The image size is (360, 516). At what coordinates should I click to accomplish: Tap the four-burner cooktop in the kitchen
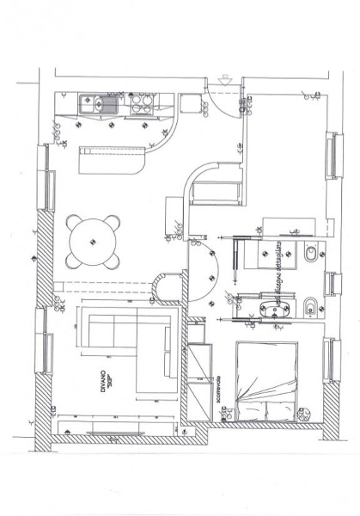click(142, 104)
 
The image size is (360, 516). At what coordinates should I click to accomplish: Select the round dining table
click(94, 240)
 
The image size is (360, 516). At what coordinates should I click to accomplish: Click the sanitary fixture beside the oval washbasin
click(310, 305)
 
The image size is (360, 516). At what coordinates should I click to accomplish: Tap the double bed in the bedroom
click(266, 383)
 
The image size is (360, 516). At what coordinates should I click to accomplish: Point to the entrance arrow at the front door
click(225, 80)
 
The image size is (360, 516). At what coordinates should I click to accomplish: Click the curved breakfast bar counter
click(113, 160)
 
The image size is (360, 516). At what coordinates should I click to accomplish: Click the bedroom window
click(328, 360)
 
